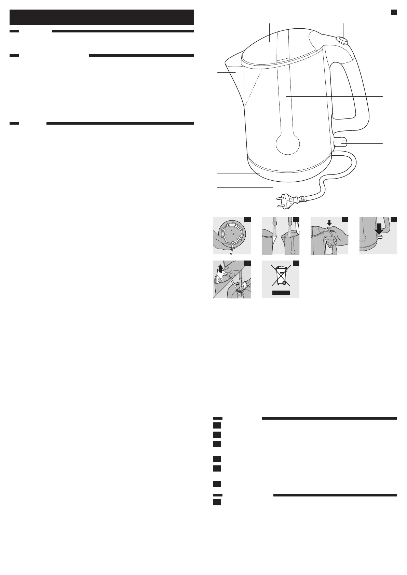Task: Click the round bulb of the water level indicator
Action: tap(287, 144)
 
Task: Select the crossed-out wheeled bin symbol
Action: tap(280, 277)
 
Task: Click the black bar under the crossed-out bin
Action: tap(281, 293)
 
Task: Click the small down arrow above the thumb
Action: tap(329, 222)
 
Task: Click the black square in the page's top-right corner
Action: tap(394, 12)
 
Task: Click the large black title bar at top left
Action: tap(101, 17)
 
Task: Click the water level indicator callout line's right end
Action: tap(383, 97)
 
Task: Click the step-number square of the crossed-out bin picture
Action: tap(296, 263)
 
